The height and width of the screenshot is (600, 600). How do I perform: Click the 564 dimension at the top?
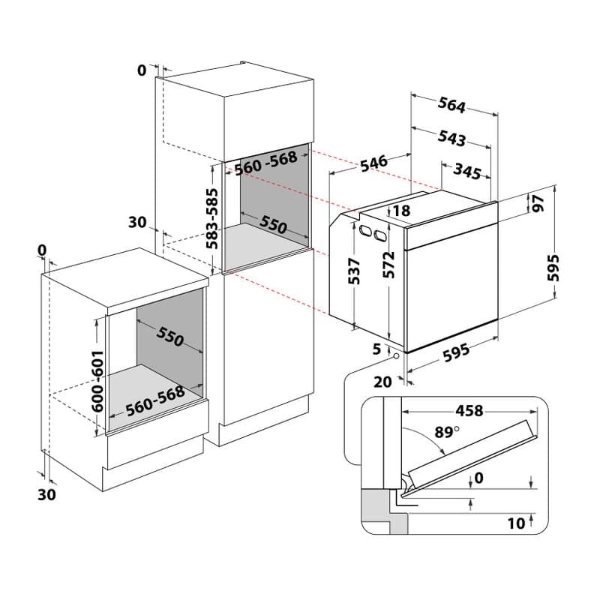click(x=451, y=106)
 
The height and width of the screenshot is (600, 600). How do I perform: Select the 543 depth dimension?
click(x=451, y=137)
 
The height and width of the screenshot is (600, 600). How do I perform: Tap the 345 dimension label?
click(x=466, y=172)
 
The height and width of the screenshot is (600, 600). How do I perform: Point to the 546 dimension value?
click(x=373, y=161)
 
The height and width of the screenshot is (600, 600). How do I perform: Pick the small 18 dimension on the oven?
click(x=401, y=211)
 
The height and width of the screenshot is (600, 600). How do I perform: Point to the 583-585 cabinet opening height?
click(x=213, y=218)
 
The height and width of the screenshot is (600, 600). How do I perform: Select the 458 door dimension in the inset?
click(x=469, y=410)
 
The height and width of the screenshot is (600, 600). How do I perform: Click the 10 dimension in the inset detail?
click(x=515, y=523)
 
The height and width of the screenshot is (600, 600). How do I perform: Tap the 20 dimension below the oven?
click(x=382, y=381)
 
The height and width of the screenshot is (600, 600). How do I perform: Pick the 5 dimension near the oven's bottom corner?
click(x=376, y=349)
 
